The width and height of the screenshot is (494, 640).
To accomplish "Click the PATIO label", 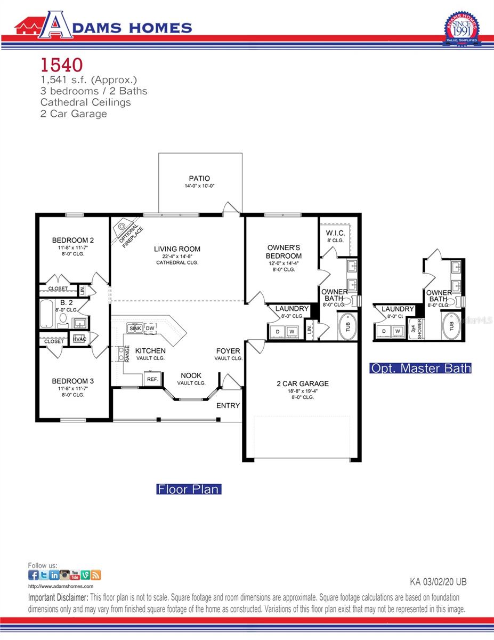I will coord(199,179).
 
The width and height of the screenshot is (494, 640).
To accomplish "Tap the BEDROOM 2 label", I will coord(73,239).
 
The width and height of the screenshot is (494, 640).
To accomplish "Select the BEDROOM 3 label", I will coord(73,381).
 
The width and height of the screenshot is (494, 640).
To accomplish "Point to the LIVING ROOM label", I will coord(177,249).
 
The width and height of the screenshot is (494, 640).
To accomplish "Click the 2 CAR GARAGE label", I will coord(302,383).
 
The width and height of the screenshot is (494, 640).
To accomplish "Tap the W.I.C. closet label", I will coord(336,233).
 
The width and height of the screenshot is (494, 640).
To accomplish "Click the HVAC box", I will coord(79,339).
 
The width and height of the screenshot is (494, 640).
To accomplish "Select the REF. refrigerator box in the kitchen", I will coord(152,379).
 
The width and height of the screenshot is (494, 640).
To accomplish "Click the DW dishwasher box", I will coord(150,328).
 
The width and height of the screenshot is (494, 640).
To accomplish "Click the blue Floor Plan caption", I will coord(188,489).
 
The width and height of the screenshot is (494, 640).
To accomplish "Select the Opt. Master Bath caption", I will coord(421,368).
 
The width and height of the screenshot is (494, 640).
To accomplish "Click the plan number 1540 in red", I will coord(62,65).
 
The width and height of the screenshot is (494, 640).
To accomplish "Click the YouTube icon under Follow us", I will coord(75,575).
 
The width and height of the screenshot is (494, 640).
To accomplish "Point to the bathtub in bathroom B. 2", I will coord(47,315).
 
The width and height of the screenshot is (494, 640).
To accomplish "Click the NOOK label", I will coord(191,375).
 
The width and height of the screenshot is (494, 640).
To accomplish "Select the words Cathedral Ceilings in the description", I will coord(86,102).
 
